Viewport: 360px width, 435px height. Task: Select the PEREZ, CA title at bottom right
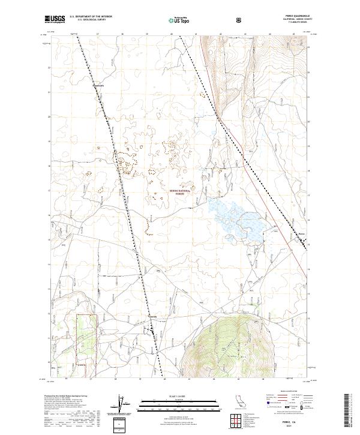pos(289,422)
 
